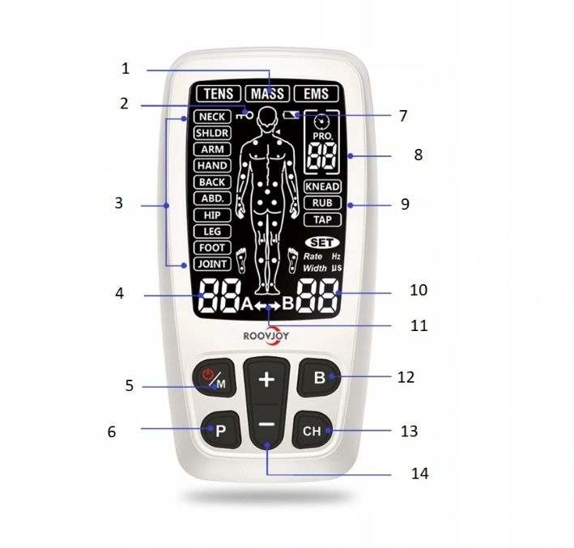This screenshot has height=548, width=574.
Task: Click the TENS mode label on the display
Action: point(219,94)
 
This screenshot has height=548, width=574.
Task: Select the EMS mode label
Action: point(317,94)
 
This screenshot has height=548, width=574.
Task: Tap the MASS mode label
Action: point(268,94)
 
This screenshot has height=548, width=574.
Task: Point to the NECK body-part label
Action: point(212,117)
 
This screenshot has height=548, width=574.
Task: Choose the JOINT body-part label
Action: point(212,264)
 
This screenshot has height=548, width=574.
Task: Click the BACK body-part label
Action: point(212,182)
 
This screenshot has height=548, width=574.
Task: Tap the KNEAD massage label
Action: point(322,186)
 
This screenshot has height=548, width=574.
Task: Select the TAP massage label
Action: point(322,219)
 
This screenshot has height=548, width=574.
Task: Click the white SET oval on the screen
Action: point(322,243)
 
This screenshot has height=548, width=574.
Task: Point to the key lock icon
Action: point(244,116)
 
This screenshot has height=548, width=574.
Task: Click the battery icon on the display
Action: point(291,115)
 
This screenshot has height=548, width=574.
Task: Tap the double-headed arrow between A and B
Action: point(268,305)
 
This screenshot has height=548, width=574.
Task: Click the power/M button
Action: point(215,377)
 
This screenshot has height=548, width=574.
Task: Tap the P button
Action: point(221,430)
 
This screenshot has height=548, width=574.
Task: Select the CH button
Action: point(313,430)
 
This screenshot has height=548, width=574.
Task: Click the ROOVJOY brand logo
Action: point(266,335)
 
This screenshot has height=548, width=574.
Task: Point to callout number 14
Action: point(419,474)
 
